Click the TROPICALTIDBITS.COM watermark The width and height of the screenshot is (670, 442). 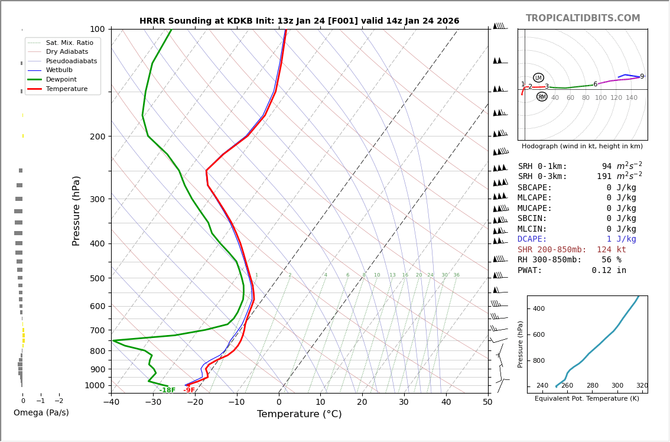pos(583,18)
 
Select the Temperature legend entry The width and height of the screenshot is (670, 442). pos(66,89)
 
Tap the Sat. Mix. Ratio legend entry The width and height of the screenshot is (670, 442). pos(69,43)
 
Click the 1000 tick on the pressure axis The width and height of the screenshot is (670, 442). pos(95,385)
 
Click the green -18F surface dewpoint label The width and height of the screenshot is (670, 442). pos(167,391)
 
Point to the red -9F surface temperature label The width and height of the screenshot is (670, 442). pos(189,391)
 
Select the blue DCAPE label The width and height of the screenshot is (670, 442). pos(533,239)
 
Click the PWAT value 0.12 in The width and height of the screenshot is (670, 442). pos(609,271)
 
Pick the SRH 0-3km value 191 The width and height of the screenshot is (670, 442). pos(604,177)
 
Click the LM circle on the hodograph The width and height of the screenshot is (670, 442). pos(538,77)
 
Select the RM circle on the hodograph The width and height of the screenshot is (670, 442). pos(542,97)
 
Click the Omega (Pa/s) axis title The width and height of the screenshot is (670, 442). pos(41,412)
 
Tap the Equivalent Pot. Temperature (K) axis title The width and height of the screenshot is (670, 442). pos(587,399)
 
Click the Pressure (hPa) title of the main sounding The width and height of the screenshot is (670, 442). pos(77,210)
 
